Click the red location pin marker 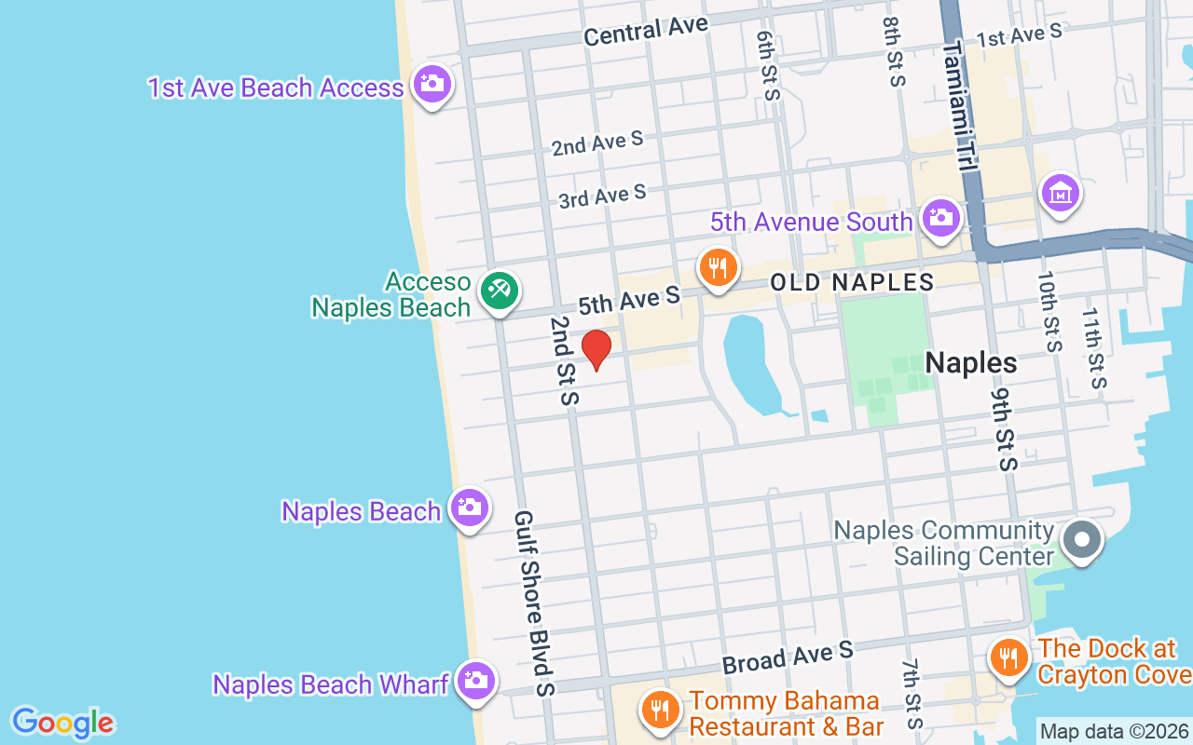(x=596, y=348)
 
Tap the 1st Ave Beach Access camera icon (x=431, y=84)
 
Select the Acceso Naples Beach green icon (x=499, y=291)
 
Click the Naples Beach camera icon (x=469, y=508)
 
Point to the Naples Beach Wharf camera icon (x=475, y=681)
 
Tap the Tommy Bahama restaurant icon (x=660, y=710)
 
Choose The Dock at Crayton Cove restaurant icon (x=1008, y=658)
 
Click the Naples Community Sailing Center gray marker (x=1082, y=539)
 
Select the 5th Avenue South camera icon (x=940, y=218)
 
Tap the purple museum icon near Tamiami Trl (x=1061, y=193)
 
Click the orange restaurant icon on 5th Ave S (x=717, y=267)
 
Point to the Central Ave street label (x=646, y=31)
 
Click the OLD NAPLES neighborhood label (x=851, y=282)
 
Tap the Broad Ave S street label (x=788, y=657)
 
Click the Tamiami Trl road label (x=959, y=104)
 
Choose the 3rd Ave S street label (x=602, y=196)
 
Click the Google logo (x=62, y=723)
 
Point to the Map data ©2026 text (x=1115, y=731)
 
